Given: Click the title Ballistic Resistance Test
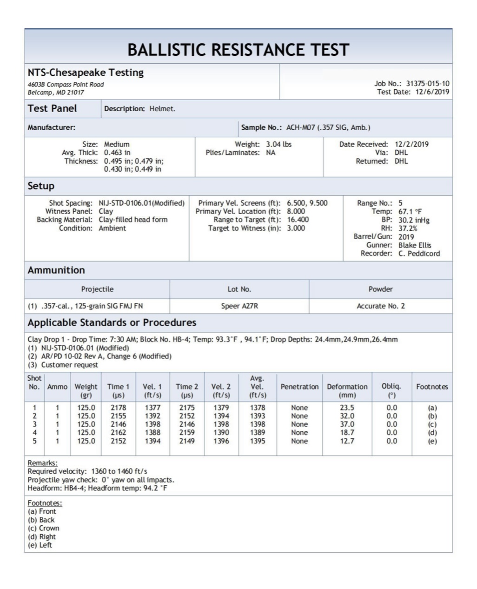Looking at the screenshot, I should [x=238, y=50].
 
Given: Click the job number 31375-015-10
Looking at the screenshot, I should [x=427, y=84].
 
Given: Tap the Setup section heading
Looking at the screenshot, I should [x=41, y=186].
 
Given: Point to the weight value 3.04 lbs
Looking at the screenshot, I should [x=278, y=144].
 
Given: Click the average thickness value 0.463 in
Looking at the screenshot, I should [x=117, y=153].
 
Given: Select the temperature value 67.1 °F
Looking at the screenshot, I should [x=410, y=212].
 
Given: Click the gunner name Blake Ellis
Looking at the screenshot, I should [x=414, y=245].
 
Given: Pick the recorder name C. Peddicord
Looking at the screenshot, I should [x=418, y=254].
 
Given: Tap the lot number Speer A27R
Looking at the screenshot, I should [x=239, y=306].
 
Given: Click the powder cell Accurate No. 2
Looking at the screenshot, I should [x=380, y=306].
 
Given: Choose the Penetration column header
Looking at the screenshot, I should [x=299, y=387].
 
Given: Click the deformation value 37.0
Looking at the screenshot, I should [x=347, y=424].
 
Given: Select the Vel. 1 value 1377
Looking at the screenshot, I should [x=152, y=408].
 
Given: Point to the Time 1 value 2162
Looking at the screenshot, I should [x=118, y=433].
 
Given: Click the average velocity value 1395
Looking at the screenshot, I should [x=257, y=441].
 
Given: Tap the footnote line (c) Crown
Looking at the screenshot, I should [x=44, y=529].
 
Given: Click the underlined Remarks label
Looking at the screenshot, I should [x=42, y=463].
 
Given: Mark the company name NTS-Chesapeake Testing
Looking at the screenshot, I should [x=86, y=73].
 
